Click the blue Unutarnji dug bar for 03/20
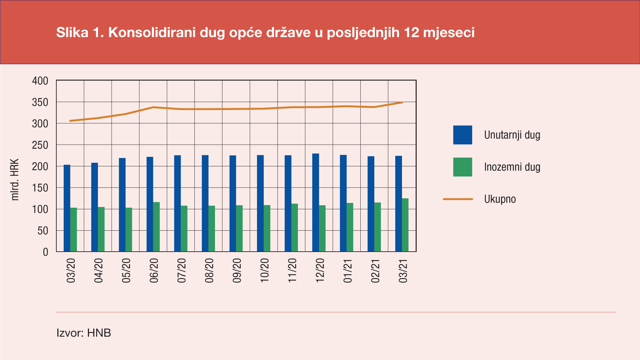[67, 208]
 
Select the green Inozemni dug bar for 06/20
[156, 227]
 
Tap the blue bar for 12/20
[316, 203]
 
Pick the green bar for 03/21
[405, 225]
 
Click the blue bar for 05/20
[122, 205]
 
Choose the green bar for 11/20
[295, 228]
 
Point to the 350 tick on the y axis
[40, 102]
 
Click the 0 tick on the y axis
[46, 252]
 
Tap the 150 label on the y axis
[40, 188]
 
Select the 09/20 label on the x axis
[237, 271]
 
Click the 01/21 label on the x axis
[348, 271]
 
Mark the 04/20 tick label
[98, 271]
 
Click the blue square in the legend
[462, 135]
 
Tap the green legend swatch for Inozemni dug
[462, 167]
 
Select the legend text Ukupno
[500, 199]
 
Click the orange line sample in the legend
[458, 199]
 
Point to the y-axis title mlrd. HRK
[15, 180]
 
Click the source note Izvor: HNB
[84, 333]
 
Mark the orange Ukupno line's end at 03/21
[402, 103]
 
